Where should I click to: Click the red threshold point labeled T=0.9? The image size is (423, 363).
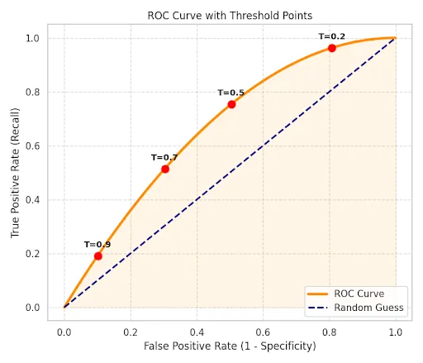coord(97,256)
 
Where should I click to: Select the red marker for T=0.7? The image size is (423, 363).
coord(165,169)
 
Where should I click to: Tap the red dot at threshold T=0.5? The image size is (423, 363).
coord(231,104)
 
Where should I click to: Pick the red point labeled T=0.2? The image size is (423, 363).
coord(332,48)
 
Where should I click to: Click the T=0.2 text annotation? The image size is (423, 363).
coord(332,36)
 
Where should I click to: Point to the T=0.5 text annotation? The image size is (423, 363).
coord(231,93)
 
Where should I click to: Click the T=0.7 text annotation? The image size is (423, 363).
coord(164,157)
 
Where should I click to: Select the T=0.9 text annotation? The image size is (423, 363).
coord(97,245)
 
